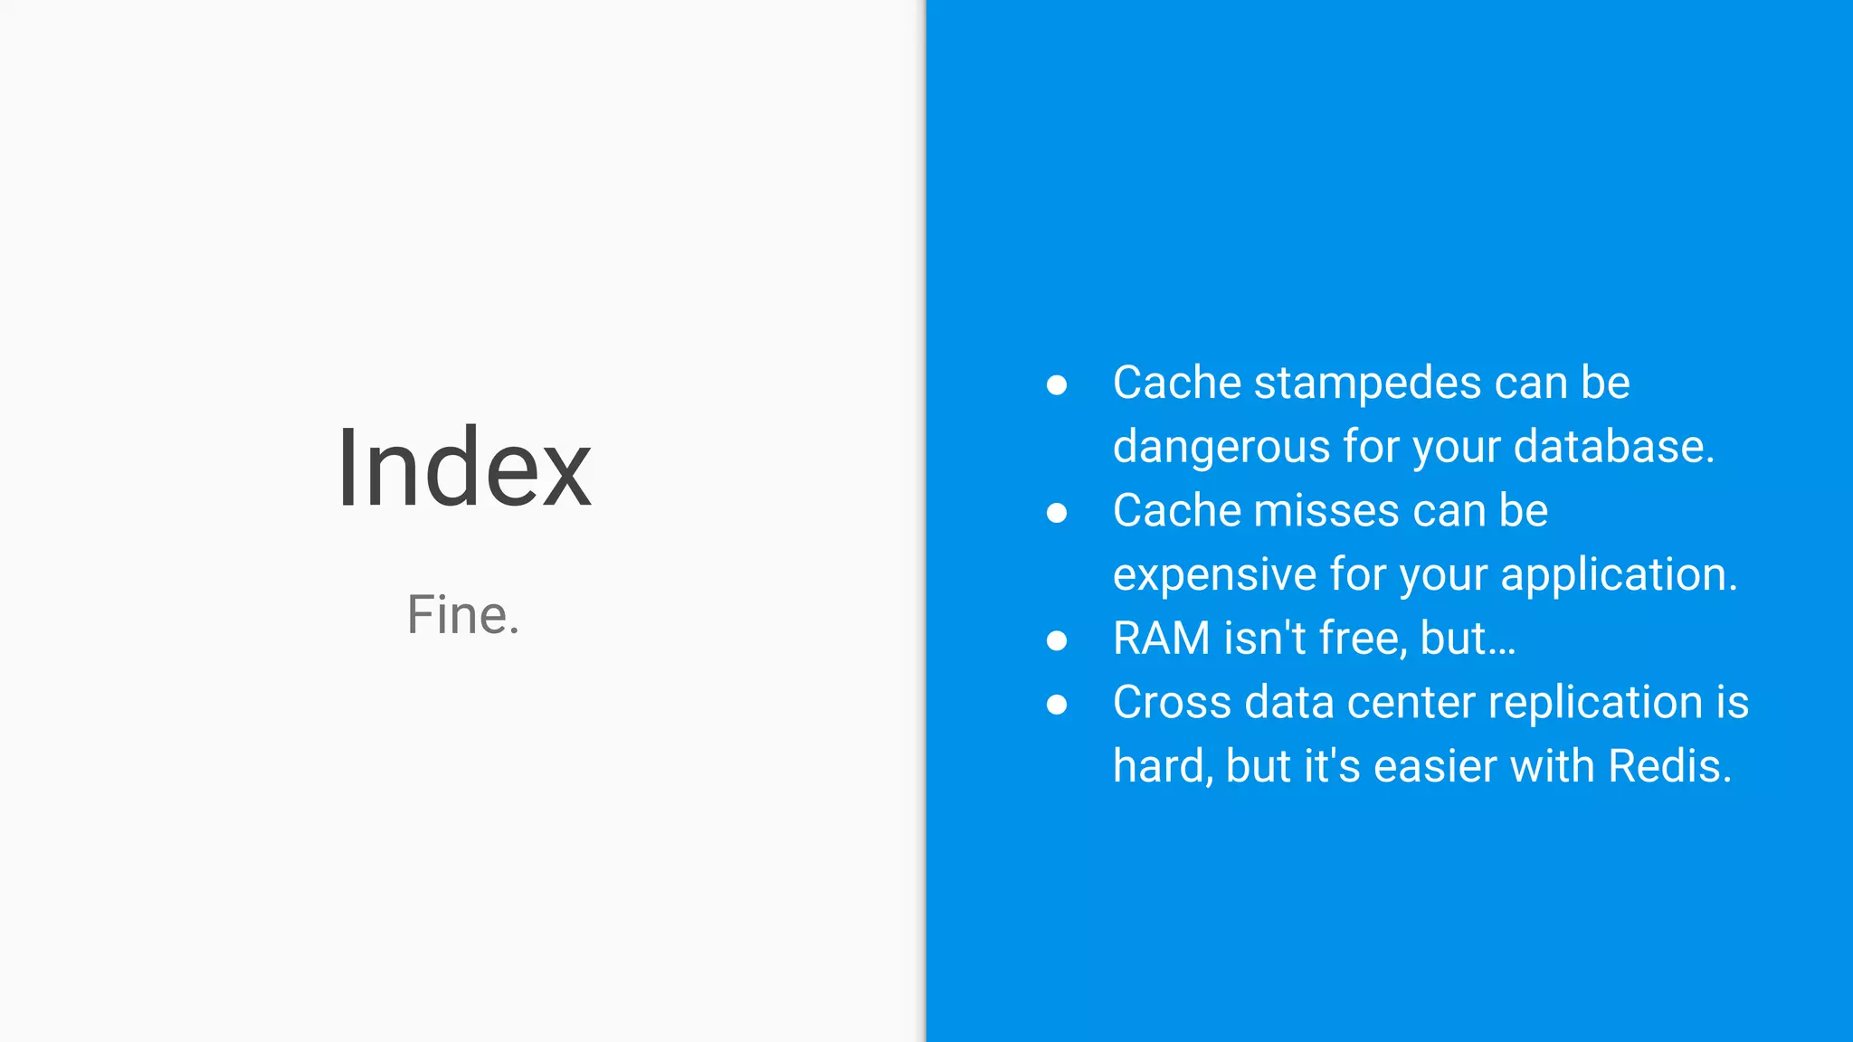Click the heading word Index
[x=463, y=469]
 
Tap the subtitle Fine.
[x=463, y=615]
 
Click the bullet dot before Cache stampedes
[x=1056, y=385]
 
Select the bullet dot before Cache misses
[x=1056, y=513]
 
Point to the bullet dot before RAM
[x=1056, y=640]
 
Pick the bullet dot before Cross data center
[x=1056, y=704]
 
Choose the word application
[x=1618, y=575]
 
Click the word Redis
[x=1668, y=766]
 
